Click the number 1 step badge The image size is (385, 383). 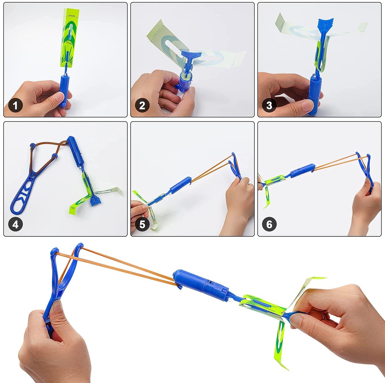(x=15, y=106)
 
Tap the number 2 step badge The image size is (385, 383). (x=142, y=106)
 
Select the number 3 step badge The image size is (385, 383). (x=269, y=106)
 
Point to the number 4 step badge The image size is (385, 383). (x=15, y=224)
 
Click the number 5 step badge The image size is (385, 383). (x=142, y=224)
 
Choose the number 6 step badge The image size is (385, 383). (x=269, y=224)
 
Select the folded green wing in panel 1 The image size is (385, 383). (x=70, y=37)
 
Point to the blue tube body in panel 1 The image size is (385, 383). (x=64, y=89)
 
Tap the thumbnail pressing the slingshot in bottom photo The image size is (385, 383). (x=56, y=306)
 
